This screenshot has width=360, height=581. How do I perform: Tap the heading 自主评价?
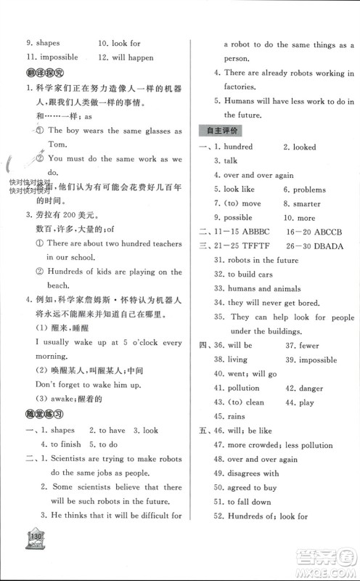[x=218, y=131]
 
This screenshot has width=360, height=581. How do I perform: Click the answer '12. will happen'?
[x=127, y=57]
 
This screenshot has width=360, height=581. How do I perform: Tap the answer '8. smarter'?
[x=303, y=204]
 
